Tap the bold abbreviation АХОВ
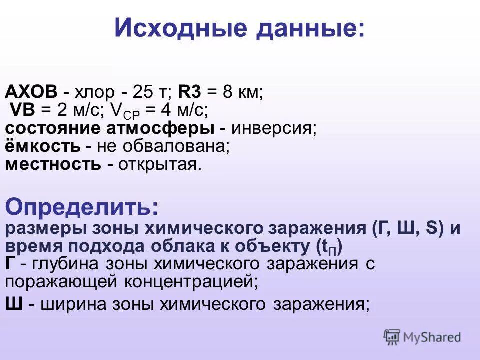(x=31, y=92)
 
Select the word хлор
(x=94, y=93)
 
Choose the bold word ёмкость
(x=42, y=146)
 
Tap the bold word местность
(x=53, y=164)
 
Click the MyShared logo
(x=422, y=337)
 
